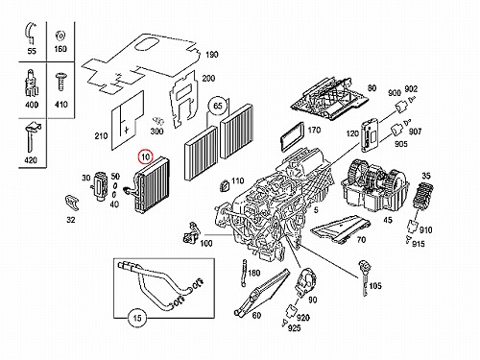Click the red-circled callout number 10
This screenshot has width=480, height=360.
coord(146,156)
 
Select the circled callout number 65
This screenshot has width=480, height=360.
coord(218,106)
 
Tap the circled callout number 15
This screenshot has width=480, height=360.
coord(137,318)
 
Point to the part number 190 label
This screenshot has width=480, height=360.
coord(212,55)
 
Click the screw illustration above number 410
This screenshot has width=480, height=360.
coord(60,82)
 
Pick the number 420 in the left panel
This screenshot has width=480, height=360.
coord(31,160)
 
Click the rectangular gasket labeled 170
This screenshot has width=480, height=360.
coord(292,136)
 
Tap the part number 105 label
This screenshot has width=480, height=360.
coord(375,286)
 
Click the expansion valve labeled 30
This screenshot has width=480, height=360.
coord(99,186)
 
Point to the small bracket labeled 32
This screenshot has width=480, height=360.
coord(72,203)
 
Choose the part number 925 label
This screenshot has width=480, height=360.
coord(295,328)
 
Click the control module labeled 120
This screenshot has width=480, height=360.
coord(369,135)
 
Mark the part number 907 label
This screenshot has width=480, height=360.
coord(415,132)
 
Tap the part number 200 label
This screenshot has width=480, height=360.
coord(208,78)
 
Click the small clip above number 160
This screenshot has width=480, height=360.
coord(60,36)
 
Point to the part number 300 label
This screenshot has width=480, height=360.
coord(156,132)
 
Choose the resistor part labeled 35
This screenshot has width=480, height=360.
coord(422,196)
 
